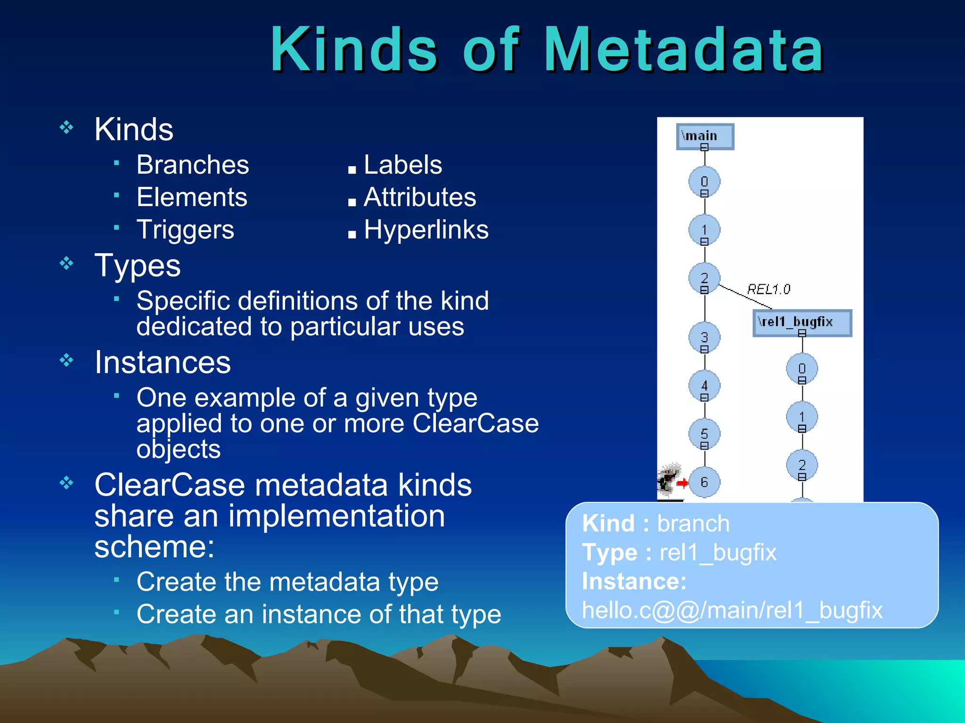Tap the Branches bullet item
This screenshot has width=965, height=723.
(192, 165)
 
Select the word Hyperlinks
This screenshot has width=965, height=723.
(426, 230)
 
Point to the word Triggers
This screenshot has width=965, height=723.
(185, 230)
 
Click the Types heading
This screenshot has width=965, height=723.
(137, 265)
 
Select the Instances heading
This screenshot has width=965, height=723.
(163, 362)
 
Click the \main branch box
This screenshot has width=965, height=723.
(704, 136)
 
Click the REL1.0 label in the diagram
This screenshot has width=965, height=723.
(769, 289)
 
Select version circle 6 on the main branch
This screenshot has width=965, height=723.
(704, 482)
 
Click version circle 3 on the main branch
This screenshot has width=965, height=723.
(704, 337)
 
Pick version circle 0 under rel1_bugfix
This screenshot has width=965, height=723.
(801, 369)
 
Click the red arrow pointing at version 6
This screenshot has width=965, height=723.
(682, 482)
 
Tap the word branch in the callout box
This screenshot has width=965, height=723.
(693, 523)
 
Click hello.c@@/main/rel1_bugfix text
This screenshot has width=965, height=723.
(732, 610)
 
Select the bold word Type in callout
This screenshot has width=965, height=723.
(609, 552)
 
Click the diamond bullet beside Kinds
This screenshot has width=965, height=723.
(66, 127)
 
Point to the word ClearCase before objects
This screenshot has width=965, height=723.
(475, 423)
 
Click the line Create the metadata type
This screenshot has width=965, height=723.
(287, 582)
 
